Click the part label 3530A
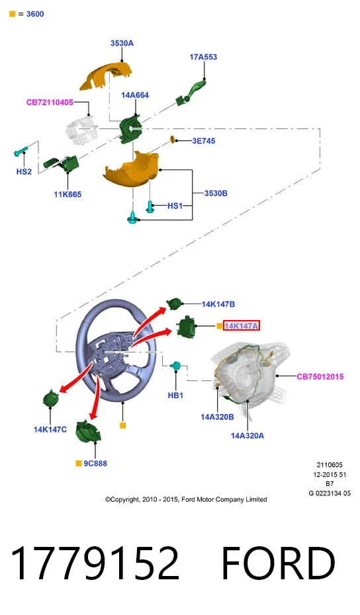click(x=122, y=43)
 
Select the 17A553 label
click(x=203, y=57)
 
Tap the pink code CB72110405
click(x=50, y=102)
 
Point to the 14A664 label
click(x=135, y=95)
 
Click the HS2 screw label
click(x=24, y=171)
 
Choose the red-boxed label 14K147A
click(x=242, y=325)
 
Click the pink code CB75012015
click(x=320, y=376)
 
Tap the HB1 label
click(x=175, y=395)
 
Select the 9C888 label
click(x=95, y=463)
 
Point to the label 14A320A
click(x=247, y=436)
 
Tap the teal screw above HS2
click(x=21, y=151)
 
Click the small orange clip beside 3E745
click(x=172, y=140)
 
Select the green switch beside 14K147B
click(x=175, y=304)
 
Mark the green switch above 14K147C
click(x=50, y=398)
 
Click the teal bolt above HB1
click(x=175, y=366)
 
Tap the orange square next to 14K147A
click(x=220, y=325)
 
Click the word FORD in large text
click(x=279, y=563)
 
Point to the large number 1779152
click(x=95, y=563)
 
